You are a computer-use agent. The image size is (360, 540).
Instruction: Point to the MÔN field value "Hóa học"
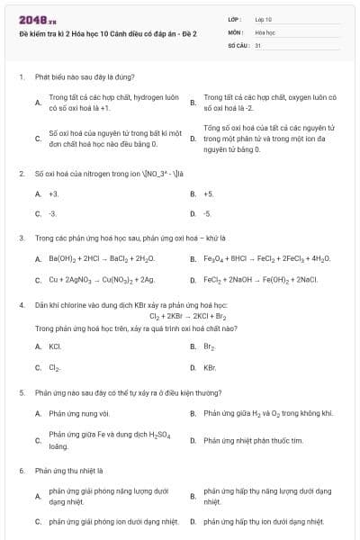point(265,31)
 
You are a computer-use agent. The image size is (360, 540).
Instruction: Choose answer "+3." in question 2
point(54,193)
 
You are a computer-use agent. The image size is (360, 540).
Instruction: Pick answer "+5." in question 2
point(209,193)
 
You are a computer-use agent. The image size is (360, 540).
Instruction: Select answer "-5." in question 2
point(208,214)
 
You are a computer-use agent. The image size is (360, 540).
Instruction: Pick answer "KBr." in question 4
point(210,367)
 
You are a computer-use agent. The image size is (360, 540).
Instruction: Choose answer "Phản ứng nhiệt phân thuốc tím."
point(253,440)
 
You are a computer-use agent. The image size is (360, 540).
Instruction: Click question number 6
point(21,470)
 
